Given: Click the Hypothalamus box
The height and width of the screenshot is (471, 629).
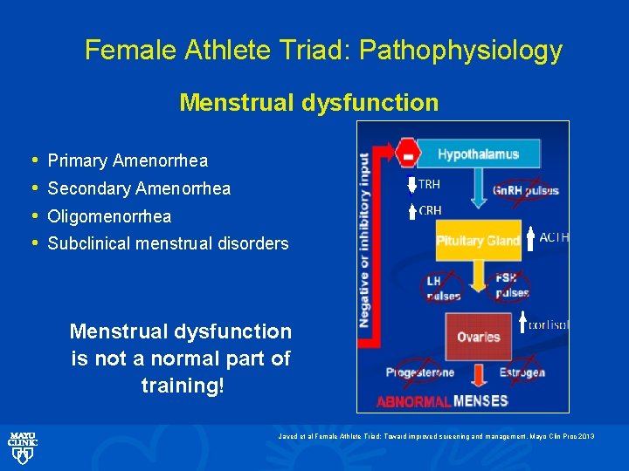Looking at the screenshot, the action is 478,155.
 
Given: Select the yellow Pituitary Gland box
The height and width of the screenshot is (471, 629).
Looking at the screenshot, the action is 478,240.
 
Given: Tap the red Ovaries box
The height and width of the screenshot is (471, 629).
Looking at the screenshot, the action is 478,337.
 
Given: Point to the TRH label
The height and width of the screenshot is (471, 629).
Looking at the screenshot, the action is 429,184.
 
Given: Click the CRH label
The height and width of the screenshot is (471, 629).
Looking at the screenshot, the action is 430,210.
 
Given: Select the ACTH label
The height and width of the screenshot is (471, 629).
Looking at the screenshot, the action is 554,236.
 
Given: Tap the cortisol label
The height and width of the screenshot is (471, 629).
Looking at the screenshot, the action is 549,324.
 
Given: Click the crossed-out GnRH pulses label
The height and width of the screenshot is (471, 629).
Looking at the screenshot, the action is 525,191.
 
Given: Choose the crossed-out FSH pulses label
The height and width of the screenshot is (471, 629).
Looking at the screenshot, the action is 512,286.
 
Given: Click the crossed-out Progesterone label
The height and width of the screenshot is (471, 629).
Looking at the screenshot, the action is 420,372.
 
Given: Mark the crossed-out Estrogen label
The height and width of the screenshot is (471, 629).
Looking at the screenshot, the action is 523,372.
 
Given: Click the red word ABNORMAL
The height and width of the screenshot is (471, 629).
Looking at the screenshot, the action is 413,402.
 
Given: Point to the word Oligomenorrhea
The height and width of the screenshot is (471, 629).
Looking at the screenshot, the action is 109,216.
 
